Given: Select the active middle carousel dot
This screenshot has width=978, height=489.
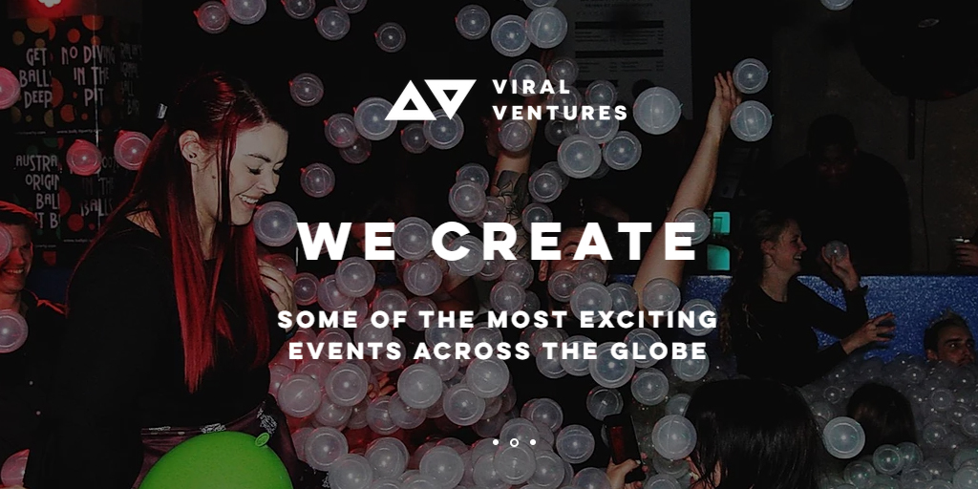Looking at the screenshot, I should pos(514,442).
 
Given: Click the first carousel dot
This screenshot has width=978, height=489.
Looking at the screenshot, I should pos(496,442).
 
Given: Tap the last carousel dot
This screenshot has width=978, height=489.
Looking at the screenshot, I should pos(532,442).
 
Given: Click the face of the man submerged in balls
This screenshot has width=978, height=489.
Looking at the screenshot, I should pos(949,344).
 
